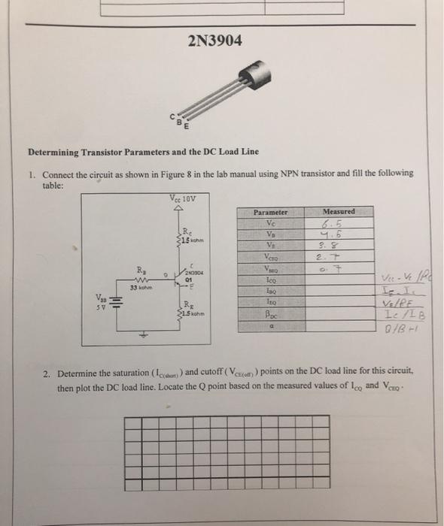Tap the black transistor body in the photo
[x=254, y=75]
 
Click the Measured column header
[x=338, y=212]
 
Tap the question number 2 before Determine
[x=46, y=372]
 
